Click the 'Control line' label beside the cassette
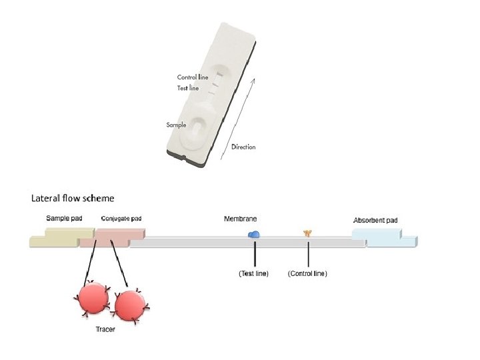tap(192, 77)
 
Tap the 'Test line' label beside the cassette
tap(187, 88)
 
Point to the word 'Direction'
tap(243, 147)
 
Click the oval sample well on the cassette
tap(197, 126)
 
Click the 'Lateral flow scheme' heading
tap(73, 198)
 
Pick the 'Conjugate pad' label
tap(121, 218)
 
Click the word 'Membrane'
tap(240, 219)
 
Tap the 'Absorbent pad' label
tap(375, 220)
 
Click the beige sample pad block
tap(62, 237)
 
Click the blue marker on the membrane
tap(254, 234)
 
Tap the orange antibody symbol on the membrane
tap(308, 233)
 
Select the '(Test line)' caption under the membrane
tap(253, 273)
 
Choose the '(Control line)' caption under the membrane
tap(307, 273)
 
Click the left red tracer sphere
tap(93, 299)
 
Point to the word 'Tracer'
tap(105, 330)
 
